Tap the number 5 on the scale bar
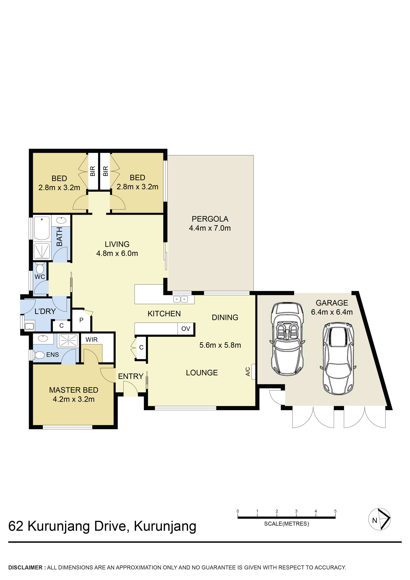[x=335, y=511]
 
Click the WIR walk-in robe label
[x=91, y=339]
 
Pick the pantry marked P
[x=81, y=320]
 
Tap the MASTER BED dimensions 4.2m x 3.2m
[x=74, y=399]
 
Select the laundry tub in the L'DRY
[x=29, y=326]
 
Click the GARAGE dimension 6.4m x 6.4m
[x=331, y=312]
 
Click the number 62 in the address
[x=16, y=526]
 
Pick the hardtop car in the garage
[x=338, y=358]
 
